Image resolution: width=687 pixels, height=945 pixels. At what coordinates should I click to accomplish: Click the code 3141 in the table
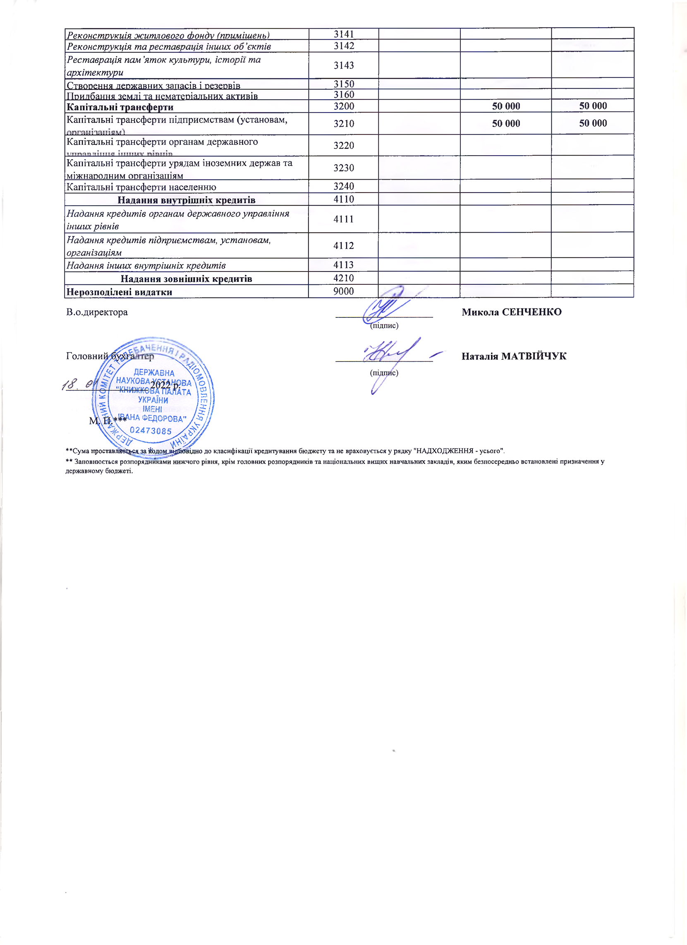pyautogui.click(x=343, y=34)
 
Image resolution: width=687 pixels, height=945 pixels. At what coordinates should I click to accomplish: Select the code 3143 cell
pyautogui.click(x=343, y=65)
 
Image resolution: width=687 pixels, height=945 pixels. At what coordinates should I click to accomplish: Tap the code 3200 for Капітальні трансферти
pyautogui.click(x=343, y=106)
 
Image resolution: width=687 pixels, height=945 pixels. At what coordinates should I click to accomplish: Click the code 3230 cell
pyautogui.click(x=343, y=168)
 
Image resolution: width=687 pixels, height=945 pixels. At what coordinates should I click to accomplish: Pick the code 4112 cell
pyautogui.click(x=343, y=245)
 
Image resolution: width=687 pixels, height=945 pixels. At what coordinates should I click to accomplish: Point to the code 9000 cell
pyautogui.click(x=343, y=291)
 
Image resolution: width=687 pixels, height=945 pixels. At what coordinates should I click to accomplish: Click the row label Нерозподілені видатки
pyautogui.click(x=120, y=292)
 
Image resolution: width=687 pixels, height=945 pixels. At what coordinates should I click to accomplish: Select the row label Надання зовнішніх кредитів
pyautogui.click(x=186, y=278)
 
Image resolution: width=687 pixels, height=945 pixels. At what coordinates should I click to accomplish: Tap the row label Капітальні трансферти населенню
pyautogui.click(x=141, y=187)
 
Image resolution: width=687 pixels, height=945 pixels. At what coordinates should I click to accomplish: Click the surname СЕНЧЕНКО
pyautogui.click(x=532, y=312)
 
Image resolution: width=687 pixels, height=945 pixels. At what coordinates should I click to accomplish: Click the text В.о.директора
pyautogui.click(x=97, y=312)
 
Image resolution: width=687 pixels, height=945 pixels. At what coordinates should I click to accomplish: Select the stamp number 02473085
pyautogui.click(x=151, y=430)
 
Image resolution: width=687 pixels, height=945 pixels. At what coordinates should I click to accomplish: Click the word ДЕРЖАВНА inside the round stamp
pyautogui.click(x=154, y=373)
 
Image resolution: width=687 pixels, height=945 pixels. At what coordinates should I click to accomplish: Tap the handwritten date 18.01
pyautogui.click(x=79, y=384)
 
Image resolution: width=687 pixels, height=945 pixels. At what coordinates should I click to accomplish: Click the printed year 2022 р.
pyautogui.click(x=165, y=385)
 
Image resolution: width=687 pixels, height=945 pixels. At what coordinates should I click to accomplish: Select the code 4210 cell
pyautogui.click(x=343, y=278)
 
